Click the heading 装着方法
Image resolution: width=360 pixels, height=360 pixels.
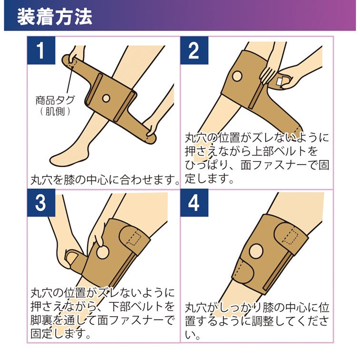54,17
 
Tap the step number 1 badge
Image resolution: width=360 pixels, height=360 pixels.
41,51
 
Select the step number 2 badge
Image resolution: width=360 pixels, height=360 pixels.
194,51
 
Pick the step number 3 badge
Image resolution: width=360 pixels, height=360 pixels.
41,203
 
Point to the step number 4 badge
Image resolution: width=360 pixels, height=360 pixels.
194,203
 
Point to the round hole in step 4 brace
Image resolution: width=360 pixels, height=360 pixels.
256,251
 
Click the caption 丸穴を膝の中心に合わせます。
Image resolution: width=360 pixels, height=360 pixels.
105,180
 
